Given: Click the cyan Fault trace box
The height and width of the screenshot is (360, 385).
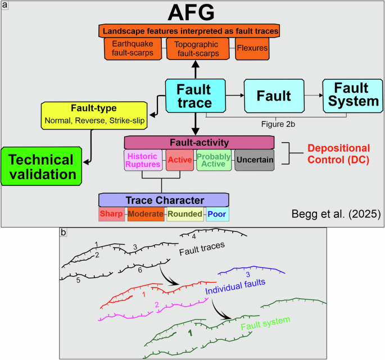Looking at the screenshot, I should (194, 95).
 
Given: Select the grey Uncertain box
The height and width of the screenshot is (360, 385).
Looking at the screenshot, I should (255, 161).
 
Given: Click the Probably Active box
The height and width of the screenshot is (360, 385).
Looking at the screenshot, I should (214, 161).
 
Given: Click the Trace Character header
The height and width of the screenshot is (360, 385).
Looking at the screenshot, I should (164, 200).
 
